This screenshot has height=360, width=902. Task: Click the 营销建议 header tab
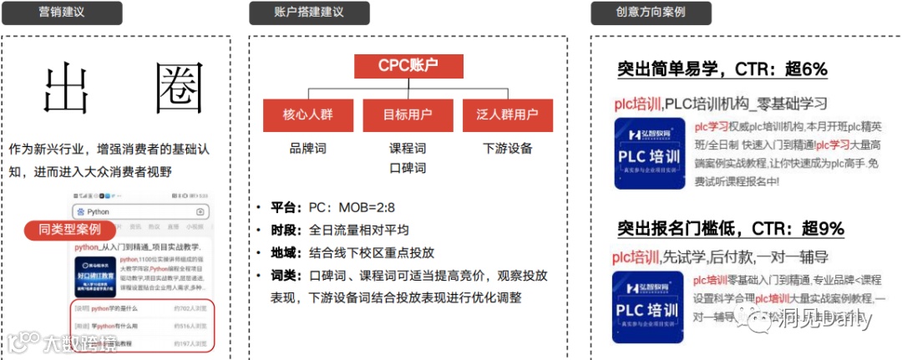point(62,13)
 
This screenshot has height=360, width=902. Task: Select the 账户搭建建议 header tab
point(309,13)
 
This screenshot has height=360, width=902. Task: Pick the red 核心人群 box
point(307,115)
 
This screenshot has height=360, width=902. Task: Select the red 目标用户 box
point(408,115)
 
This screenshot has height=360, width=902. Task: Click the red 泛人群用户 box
point(507,115)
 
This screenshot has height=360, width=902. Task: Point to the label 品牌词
point(307,149)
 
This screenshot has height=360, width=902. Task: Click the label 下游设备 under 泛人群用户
point(507,149)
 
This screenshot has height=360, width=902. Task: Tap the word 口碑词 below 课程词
point(408,168)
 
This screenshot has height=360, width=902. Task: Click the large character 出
point(66,89)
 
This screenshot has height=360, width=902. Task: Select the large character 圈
point(180,89)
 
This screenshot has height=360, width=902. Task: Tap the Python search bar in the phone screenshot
point(141,212)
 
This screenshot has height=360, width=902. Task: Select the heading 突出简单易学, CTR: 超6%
point(722,69)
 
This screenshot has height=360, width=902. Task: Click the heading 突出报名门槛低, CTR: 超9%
point(731,228)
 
